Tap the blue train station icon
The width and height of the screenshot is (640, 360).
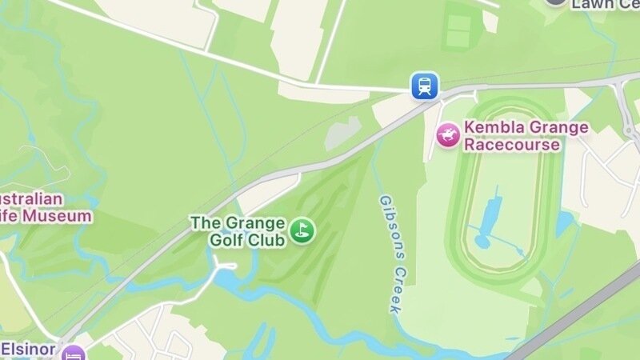click(x=425, y=86)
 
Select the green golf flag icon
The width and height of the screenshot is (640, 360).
click(x=302, y=230)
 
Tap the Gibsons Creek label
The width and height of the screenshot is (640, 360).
click(x=390, y=254)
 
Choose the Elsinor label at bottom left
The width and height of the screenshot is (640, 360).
click(x=28, y=349)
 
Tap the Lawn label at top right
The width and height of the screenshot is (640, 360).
click(x=604, y=4)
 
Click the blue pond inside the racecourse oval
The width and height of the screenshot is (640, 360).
click(x=490, y=216)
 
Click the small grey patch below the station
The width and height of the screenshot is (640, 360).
click(x=343, y=134)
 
